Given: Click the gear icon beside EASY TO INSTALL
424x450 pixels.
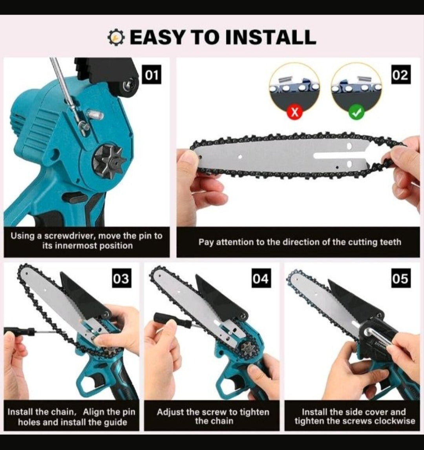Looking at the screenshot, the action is point(116,38).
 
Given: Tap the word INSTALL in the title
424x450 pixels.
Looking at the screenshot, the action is point(270,37).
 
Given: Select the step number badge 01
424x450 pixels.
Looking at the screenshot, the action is point(152,75).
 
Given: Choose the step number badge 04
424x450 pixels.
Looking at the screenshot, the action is point(260,278).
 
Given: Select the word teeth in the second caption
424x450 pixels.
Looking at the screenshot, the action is point(391,242).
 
